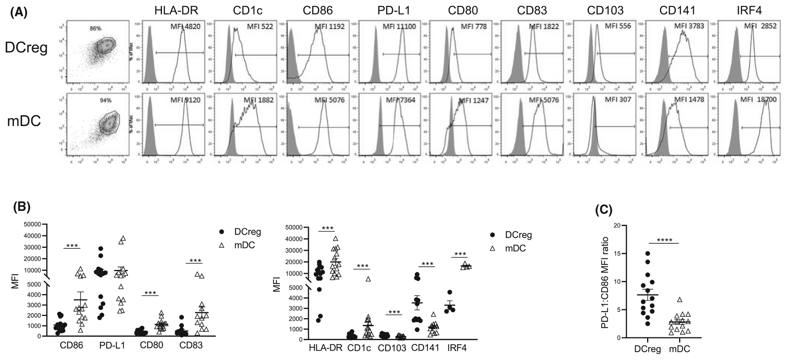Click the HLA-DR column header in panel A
(x=176, y=10)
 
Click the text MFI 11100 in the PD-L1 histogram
(x=399, y=27)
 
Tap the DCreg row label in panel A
(x=26, y=48)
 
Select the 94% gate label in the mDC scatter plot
(x=106, y=100)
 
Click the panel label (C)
(x=603, y=210)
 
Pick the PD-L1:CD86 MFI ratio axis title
(x=605, y=283)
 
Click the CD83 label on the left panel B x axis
(x=191, y=345)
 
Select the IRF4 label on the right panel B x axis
(x=458, y=348)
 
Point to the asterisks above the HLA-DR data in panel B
(x=328, y=229)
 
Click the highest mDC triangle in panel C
(x=680, y=300)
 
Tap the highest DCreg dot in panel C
(x=648, y=253)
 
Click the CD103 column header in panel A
(x=605, y=10)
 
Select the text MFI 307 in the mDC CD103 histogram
(x=618, y=100)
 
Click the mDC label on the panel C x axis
(x=680, y=349)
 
